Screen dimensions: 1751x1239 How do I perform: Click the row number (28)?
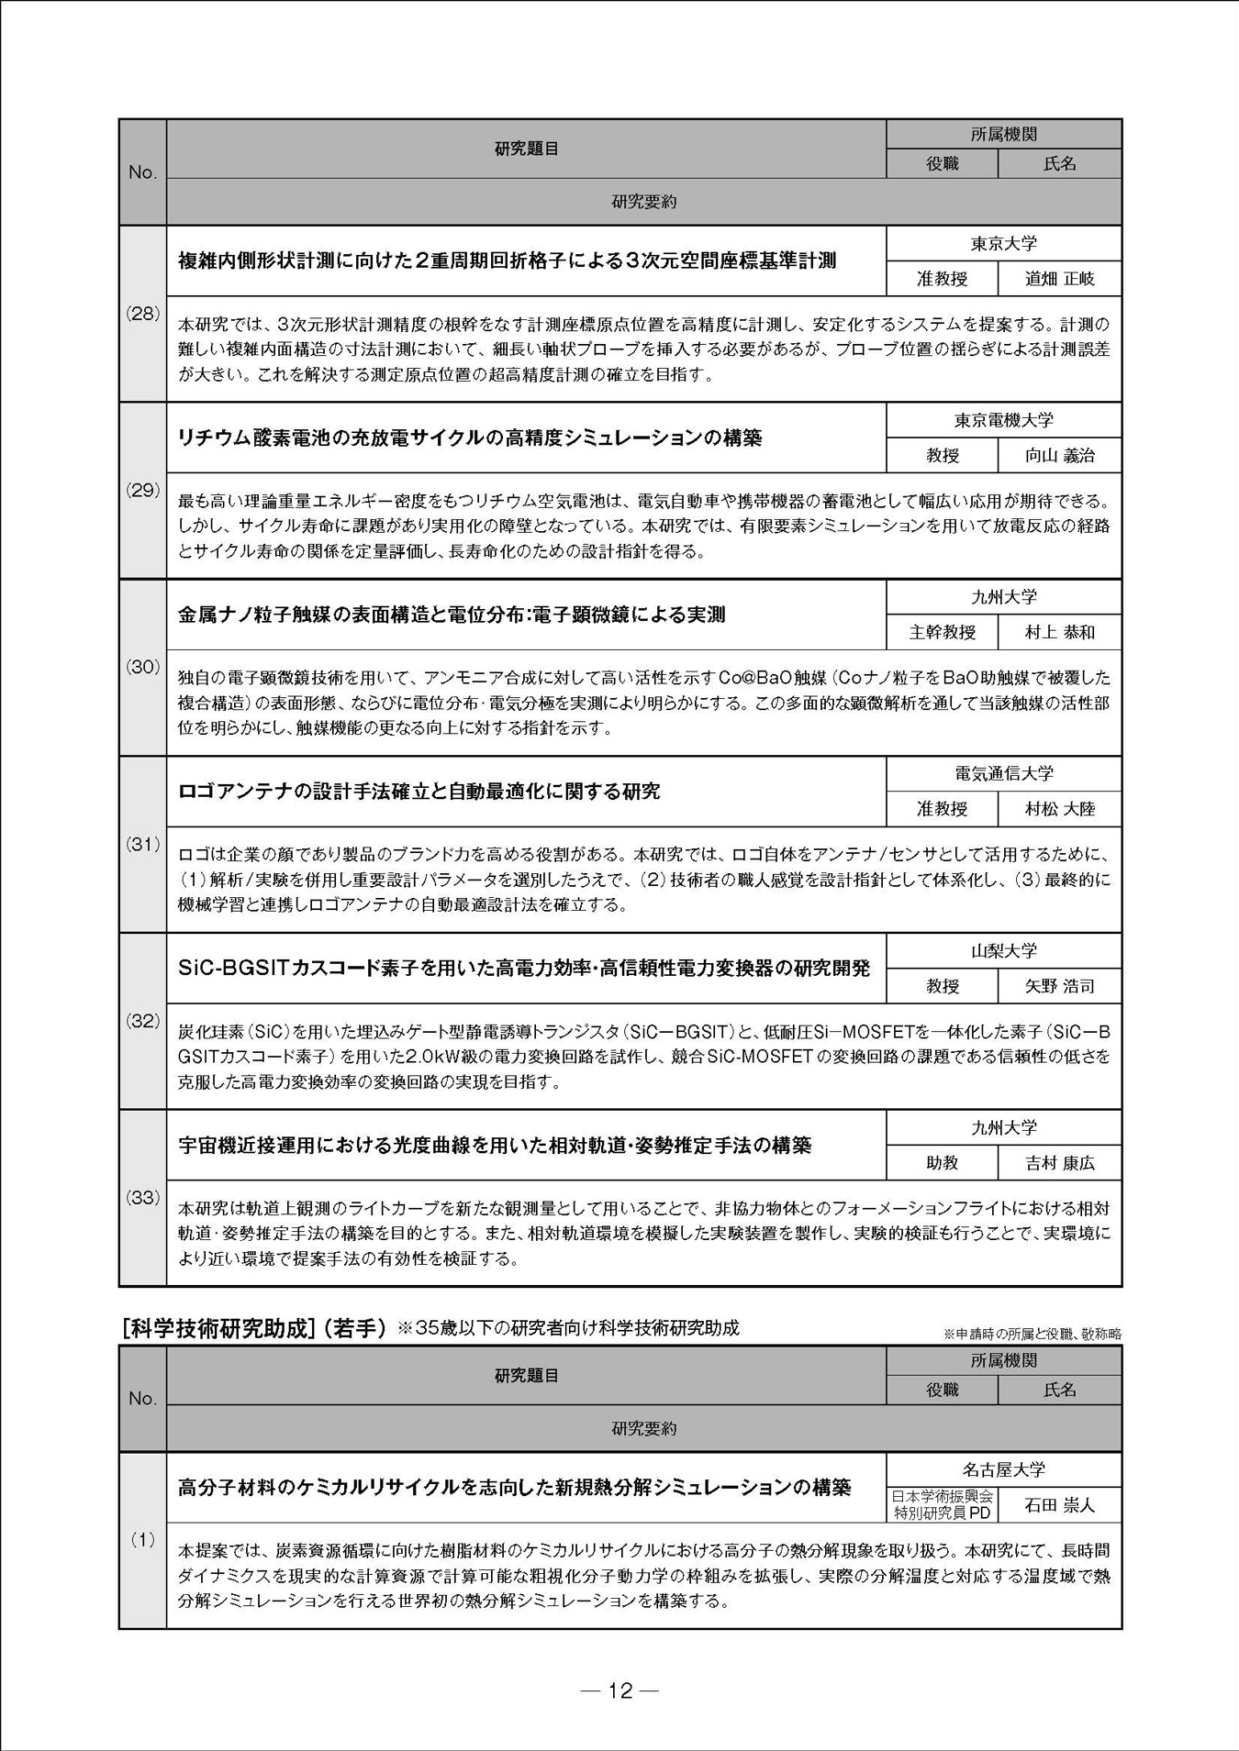pos(142,313)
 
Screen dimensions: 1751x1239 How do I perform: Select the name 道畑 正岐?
pos(1059,279)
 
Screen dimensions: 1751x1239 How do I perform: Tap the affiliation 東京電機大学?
pos(1003,420)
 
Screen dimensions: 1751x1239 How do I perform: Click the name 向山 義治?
pos(1059,456)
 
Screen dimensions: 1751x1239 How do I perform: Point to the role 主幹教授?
pos(942,633)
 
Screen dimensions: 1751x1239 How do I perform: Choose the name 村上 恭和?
pos(1059,633)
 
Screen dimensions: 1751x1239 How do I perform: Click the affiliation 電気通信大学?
pos(1003,774)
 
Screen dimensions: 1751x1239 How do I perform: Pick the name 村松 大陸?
pos(1059,810)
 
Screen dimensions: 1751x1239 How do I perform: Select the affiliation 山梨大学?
pos(1003,951)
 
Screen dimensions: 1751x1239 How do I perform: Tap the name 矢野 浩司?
pos(1059,987)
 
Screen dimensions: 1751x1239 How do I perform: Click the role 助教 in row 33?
pos(942,1163)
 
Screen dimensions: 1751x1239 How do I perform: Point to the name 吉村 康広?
pos(1059,1163)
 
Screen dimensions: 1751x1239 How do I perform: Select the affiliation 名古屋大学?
pos(1003,1469)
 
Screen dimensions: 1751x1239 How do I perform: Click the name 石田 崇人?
pos(1059,1505)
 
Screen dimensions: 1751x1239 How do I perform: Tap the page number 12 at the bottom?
pos(620,1690)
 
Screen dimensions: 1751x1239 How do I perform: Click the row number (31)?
pos(142,844)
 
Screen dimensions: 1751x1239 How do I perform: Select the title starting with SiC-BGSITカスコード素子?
pos(524,969)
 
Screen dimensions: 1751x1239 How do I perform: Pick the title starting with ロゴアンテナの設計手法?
pos(419,792)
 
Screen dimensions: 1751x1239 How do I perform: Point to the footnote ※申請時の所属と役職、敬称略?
pos(1032,1334)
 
